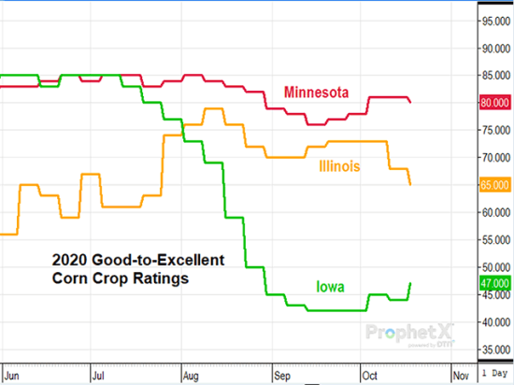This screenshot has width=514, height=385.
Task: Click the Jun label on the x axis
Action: [12, 372]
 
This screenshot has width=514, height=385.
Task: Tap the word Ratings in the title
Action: [174, 279]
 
